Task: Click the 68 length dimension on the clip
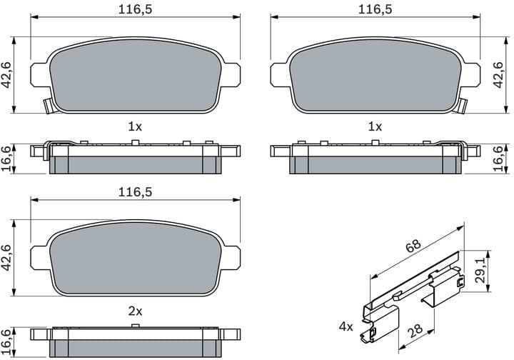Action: pos(413,246)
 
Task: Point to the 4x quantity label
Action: pos(346,326)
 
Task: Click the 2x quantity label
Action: pos(135,311)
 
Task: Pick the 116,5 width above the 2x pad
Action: pos(135,192)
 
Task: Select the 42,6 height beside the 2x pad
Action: pos(8,258)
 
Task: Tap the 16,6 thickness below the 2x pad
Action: pos(8,340)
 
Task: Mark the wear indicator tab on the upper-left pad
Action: pos(49,106)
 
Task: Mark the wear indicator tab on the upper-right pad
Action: pos(462,106)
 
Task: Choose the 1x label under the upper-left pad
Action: pos(135,126)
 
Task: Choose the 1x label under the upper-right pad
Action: pos(375,126)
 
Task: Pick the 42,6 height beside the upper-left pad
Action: pos(8,74)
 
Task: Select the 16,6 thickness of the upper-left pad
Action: pos(8,156)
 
